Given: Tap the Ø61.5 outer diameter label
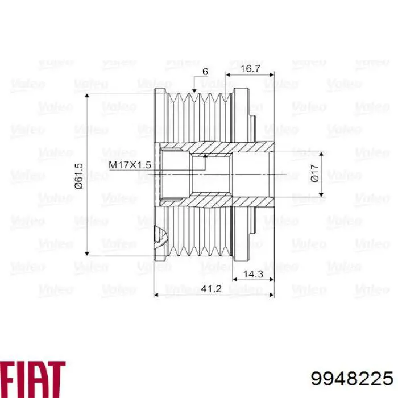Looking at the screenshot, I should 79,175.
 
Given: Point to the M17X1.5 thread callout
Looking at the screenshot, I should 130,164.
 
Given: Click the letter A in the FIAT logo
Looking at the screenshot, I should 39,372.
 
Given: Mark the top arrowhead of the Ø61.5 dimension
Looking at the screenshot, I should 87,97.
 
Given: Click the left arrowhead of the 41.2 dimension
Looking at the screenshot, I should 157,295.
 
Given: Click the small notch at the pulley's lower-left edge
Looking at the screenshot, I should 159,234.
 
